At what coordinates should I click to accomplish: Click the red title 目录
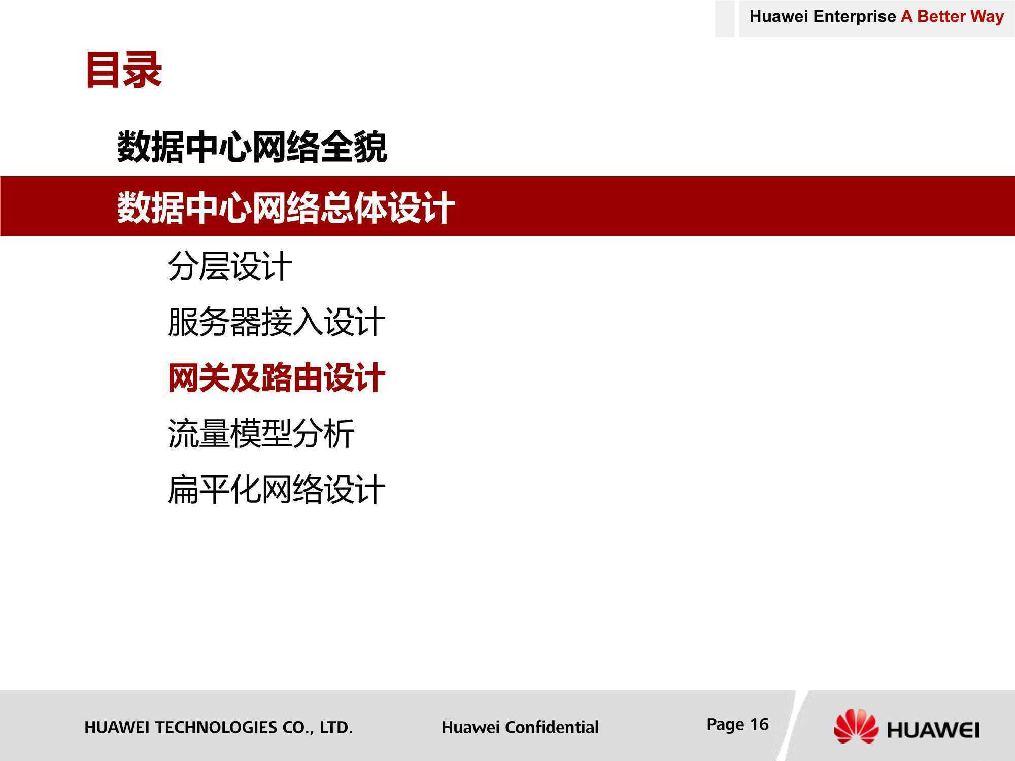[124, 70]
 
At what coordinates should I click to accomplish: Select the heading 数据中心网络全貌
[252, 147]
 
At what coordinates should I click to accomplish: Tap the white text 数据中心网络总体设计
[286, 207]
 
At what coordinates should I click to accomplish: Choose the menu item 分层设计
[230, 266]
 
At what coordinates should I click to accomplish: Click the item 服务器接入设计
[277, 322]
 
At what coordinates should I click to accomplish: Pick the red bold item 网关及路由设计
[277, 378]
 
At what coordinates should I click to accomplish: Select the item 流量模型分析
[261, 434]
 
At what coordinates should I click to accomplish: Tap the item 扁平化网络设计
[277, 490]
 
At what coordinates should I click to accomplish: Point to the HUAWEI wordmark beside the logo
[933, 730]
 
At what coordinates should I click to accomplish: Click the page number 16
[759, 724]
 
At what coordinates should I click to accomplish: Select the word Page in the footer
[726, 725]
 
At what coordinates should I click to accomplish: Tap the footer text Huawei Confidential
[520, 727]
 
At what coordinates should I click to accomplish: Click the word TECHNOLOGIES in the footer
[216, 727]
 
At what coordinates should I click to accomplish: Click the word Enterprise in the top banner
[855, 17]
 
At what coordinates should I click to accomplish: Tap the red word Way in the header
[987, 17]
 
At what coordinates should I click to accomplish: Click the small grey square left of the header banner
[725, 18]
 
